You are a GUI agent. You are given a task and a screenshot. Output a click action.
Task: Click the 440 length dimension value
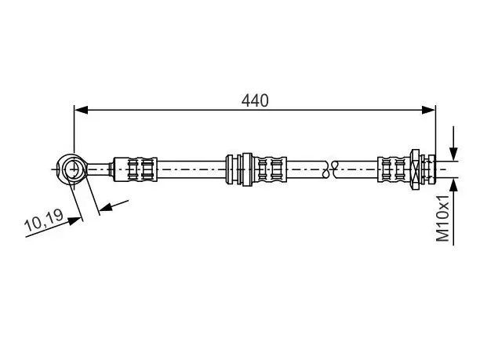pos(255,100)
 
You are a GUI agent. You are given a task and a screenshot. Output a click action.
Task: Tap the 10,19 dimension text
pos(43,219)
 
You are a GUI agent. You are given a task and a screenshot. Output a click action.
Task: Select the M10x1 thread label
pos(442,218)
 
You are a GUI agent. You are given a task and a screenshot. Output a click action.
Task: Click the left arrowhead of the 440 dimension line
pos(81,110)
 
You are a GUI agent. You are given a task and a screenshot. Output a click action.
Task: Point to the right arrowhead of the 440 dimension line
pos(428,110)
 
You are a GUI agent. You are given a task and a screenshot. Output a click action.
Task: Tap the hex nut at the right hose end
pos(416,169)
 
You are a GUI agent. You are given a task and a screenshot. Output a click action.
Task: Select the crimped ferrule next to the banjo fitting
pos(135,169)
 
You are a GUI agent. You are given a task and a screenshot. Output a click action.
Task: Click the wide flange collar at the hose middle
pos(247,169)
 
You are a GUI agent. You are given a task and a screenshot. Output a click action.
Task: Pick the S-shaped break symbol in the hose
pos(330,169)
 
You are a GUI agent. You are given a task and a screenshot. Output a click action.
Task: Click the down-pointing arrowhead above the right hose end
pos(453,154)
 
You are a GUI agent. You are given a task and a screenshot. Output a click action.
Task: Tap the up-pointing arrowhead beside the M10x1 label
pos(453,185)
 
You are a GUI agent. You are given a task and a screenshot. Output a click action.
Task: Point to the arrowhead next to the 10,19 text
pos(75,220)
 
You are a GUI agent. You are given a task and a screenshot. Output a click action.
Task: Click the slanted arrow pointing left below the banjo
pos(114,205)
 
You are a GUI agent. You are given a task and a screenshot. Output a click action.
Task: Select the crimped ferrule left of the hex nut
pos(395,169)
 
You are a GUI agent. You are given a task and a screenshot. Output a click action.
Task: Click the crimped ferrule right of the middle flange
pos(269,169)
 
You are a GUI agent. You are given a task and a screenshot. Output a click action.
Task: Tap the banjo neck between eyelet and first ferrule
pos(99,169)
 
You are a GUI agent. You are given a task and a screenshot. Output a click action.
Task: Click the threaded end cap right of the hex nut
pos(431,169)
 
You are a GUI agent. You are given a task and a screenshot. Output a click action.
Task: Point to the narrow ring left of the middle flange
pos(229,169)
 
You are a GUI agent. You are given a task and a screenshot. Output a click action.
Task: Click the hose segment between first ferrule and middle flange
pos(191,169)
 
